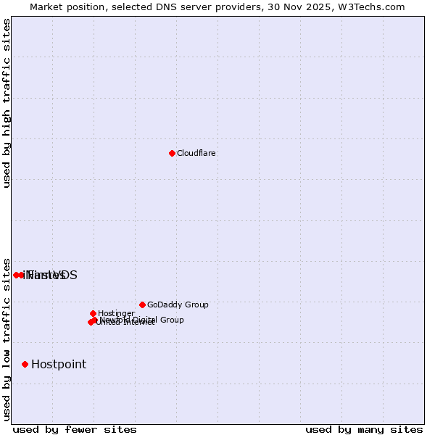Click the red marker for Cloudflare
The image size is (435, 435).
[172, 153]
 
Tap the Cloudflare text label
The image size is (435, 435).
[196, 154]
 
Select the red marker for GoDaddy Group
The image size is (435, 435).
[142, 304]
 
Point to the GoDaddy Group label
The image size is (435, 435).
[178, 305]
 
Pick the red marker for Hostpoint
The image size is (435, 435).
[25, 364]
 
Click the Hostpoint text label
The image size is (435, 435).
[59, 365]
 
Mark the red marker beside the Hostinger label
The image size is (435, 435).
[93, 313]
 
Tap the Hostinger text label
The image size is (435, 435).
[116, 314]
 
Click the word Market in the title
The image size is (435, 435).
[46, 7]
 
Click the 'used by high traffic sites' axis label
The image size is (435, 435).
[7, 103]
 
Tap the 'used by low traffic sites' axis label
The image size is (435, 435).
[7, 339]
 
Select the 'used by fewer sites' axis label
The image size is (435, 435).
[75, 429]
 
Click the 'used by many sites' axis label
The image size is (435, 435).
[364, 429]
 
